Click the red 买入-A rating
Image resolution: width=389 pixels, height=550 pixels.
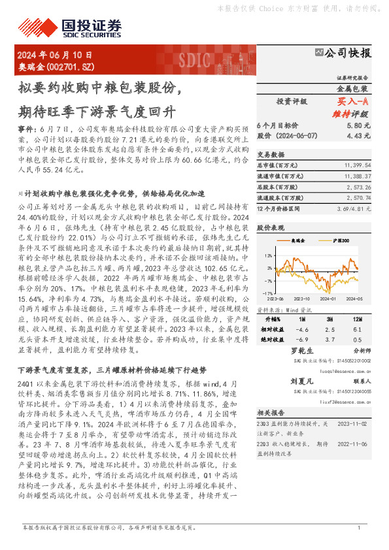(x=352, y=101)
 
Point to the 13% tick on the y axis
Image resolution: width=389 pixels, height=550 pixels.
(x=270, y=255)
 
